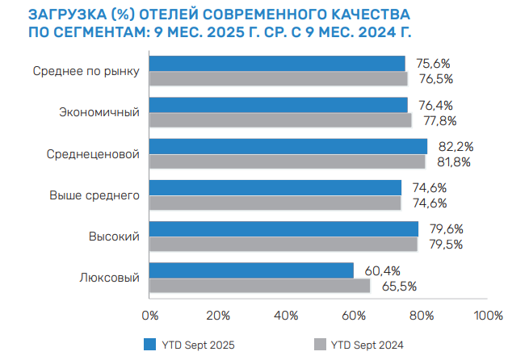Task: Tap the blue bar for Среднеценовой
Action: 288,146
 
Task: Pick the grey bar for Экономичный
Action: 280,120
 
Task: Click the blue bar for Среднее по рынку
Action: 277,63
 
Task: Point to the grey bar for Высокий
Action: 283,244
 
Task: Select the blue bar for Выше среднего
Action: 275,187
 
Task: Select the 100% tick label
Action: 488,314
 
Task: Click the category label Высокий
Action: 115,237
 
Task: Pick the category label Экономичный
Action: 100,112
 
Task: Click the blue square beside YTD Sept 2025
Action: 149,345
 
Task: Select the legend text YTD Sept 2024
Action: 367,345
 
